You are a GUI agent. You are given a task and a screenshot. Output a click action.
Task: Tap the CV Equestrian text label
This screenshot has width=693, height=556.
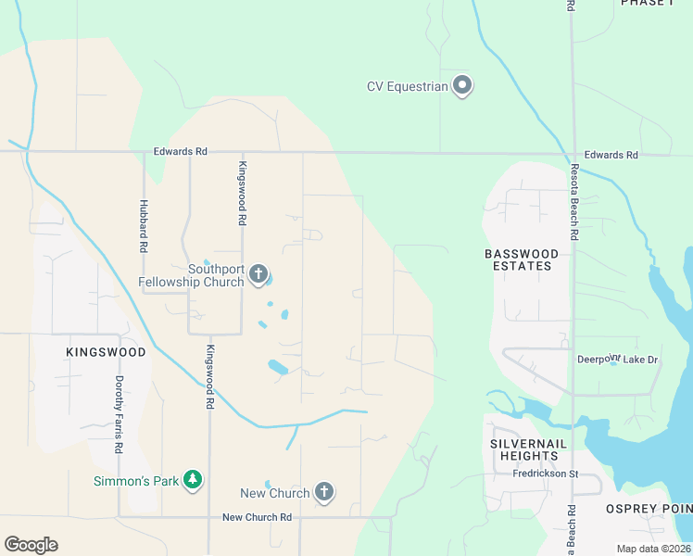click(x=408, y=87)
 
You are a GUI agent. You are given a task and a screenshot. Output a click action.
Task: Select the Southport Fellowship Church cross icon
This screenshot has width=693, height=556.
click(x=258, y=274)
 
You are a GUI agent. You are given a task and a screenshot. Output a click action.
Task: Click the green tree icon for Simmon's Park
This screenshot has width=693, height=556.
click(x=193, y=480)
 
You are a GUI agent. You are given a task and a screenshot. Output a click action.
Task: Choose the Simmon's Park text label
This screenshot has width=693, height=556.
click(x=135, y=481)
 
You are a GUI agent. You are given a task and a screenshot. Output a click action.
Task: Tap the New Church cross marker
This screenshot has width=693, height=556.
click(x=324, y=492)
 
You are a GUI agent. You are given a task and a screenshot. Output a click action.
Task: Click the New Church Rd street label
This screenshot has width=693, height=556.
click(x=257, y=517)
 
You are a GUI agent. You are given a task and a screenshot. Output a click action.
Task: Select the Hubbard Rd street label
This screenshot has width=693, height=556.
click(x=144, y=227)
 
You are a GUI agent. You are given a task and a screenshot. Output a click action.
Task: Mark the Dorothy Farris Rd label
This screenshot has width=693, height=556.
click(x=119, y=414)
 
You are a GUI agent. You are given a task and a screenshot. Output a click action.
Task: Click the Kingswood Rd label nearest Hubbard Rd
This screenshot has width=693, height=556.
click(x=241, y=194)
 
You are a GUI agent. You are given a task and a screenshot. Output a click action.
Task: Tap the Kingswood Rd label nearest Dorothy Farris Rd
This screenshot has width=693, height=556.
click(x=210, y=377)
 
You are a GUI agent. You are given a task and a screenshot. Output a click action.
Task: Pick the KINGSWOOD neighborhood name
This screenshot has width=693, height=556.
click(x=106, y=353)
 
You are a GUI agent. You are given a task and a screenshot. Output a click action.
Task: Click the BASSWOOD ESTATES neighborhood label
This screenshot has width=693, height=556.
click(x=523, y=259)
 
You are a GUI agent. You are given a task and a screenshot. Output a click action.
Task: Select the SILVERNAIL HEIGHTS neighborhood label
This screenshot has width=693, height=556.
click(x=523, y=449)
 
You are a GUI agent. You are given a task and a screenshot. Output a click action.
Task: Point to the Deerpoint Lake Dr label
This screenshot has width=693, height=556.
click(x=617, y=360)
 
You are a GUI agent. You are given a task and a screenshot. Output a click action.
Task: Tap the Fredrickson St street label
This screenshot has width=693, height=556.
click(x=545, y=474)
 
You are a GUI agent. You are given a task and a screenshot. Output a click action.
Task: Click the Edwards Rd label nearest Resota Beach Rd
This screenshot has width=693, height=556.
click(x=611, y=155)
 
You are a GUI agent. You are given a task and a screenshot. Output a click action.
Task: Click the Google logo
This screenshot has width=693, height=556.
click(x=31, y=545)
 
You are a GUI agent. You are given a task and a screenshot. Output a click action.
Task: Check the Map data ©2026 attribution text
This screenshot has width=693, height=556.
click(x=652, y=549)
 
